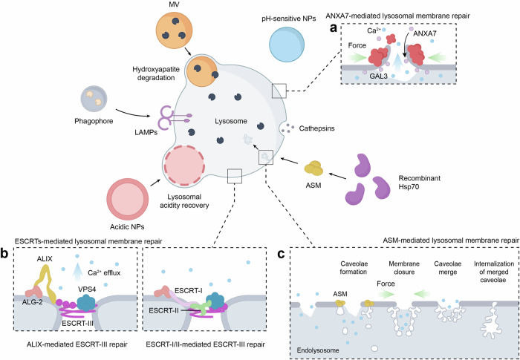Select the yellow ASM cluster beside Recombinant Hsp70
[x=313, y=168]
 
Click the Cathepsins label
[x=316, y=128]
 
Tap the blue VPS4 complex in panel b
[x=86, y=301]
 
